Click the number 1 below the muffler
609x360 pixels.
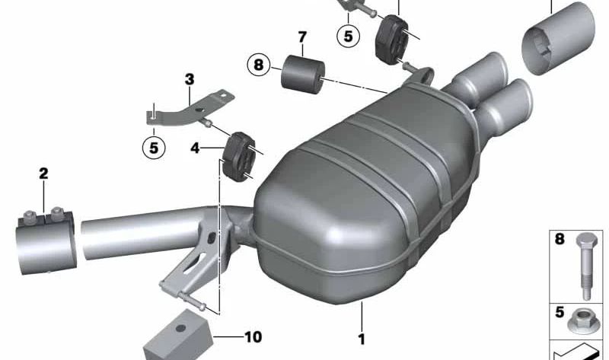(x=362, y=339)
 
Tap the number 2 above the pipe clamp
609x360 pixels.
(x=43, y=174)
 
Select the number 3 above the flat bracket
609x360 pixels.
(x=189, y=79)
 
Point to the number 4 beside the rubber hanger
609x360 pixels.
(x=195, y=148)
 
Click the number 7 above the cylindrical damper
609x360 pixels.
(x=302, y=37)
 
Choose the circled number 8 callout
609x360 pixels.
(x=258, y=65)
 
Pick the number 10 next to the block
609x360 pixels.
(x=253, y=336)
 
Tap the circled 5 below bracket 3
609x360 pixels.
(x=154, y=148)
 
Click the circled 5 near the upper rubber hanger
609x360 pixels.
(x=348, y=36)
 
